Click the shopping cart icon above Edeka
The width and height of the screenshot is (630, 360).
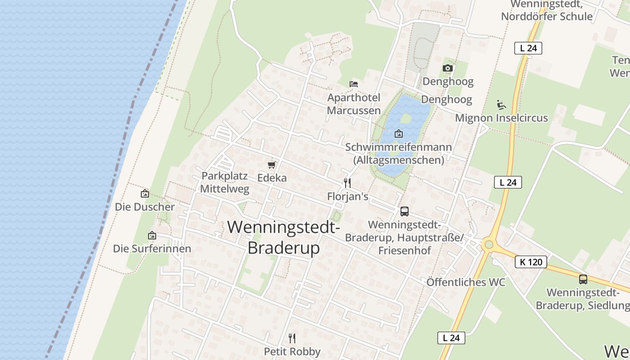point(271,165)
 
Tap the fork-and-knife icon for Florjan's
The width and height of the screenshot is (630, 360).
point(347,183)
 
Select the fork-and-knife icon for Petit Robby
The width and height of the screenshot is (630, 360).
point(292,338)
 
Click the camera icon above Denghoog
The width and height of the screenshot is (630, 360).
point(447,68)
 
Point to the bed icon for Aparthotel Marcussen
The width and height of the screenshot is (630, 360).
point(354,84)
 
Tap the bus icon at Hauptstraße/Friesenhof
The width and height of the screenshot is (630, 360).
point(404,211)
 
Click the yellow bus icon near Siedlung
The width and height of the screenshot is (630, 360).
point(583,279)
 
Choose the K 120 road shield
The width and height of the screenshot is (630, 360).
point(531,262)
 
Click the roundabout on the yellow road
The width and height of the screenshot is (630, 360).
point(489,245)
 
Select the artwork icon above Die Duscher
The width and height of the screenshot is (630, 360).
point(145,193)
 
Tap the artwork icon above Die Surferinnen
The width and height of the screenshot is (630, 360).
point(152,235)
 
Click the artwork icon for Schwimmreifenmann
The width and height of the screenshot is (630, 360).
point(398,134)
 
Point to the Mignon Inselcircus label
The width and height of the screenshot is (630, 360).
point(501,118)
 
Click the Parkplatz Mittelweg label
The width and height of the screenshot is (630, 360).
point(225,182)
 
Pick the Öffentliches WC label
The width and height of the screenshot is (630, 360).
point(466,282)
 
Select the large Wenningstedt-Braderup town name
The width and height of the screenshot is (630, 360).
point(283,237)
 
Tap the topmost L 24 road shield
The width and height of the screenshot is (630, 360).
point(528,48)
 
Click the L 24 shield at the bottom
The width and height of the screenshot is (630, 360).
point(451,338)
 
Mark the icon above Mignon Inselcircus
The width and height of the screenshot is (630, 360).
point(501,104)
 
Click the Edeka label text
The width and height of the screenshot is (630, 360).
point(272,178)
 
